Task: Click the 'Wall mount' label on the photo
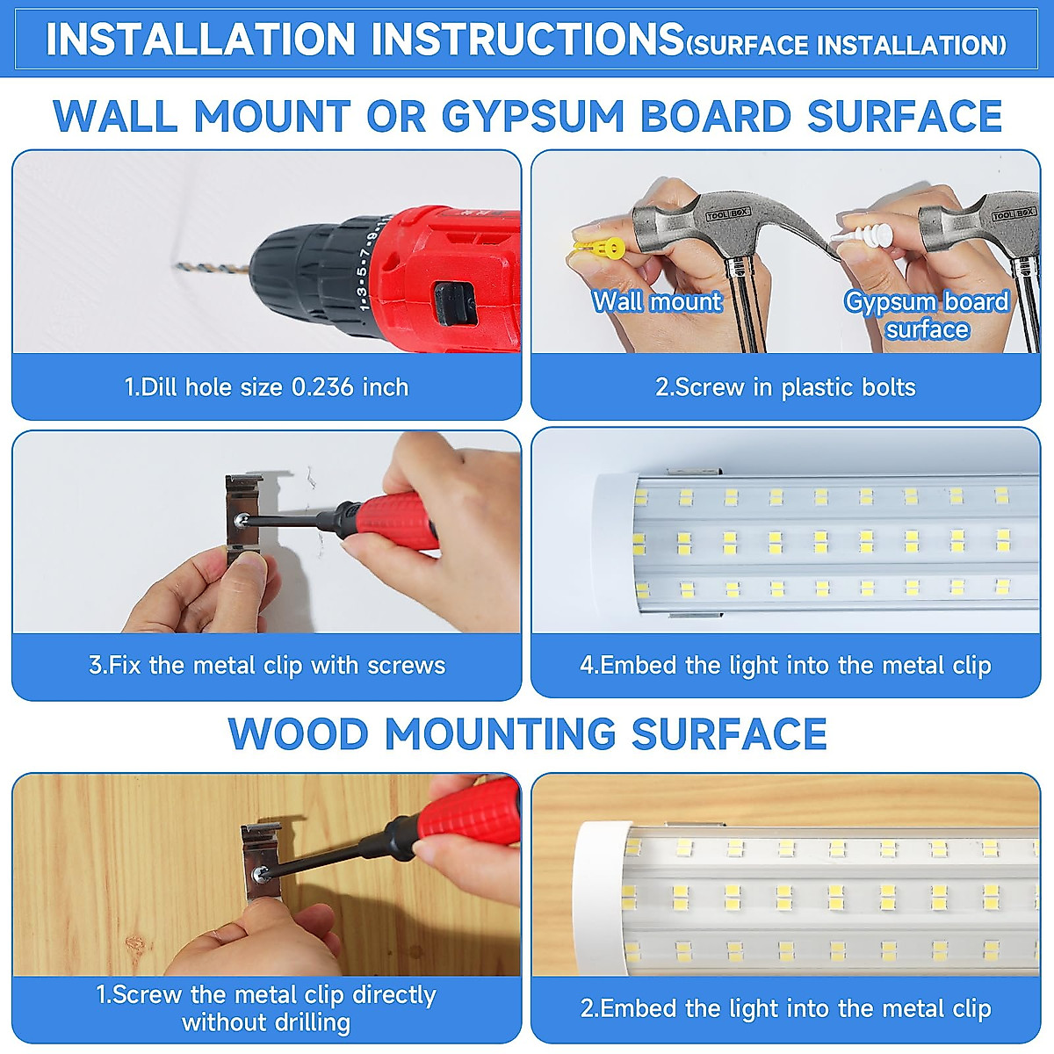(657, 301)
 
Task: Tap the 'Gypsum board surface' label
(927, 314)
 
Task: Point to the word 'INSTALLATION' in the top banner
(200, 40)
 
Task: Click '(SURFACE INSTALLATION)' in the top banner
(845, 45)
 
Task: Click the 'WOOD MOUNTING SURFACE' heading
(527, 734)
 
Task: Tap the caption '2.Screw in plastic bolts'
(785, 387)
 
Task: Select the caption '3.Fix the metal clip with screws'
(267, 665)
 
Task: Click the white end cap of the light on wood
(598, 887)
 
